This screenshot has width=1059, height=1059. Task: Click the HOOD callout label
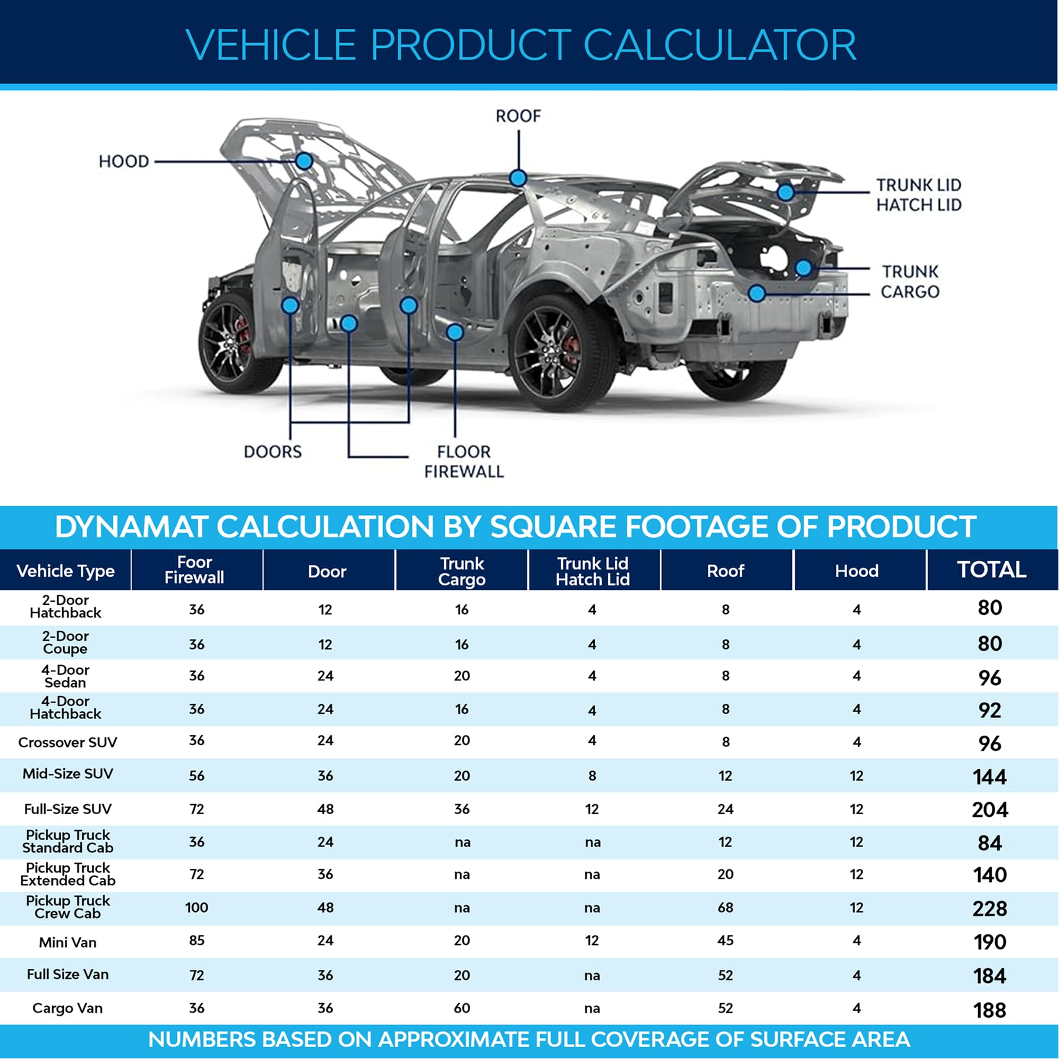point(124,161)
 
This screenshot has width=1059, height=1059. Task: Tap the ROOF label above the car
point(518,116)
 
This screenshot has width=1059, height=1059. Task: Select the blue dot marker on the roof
point(518,178)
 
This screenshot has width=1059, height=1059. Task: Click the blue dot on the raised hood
point(304,160)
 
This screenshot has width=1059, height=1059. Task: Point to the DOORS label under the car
point(273,452)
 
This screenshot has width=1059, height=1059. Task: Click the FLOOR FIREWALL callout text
point(464,462)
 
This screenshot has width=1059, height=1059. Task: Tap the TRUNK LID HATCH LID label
point(919,195)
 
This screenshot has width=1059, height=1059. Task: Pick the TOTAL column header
point(991,570)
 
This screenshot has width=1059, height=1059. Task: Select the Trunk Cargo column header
point(462,571)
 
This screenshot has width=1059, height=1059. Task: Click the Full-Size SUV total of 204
point(990,809)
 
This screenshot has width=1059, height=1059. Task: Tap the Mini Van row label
point(68,942)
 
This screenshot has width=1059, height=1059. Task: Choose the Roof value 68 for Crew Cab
point(726,907)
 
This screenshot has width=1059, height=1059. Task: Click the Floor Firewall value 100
point(196,907)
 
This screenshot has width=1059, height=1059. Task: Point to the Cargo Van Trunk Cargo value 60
point(462,1008)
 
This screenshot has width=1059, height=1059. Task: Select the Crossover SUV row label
point(68,742)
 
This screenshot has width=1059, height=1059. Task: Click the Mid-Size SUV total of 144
point(990,776)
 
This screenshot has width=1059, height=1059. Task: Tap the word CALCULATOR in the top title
point(720,45)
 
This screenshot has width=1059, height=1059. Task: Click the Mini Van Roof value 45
point(726,940)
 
